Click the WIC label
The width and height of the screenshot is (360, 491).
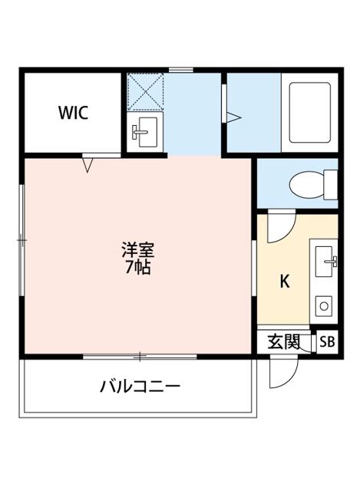[x=74, y=114]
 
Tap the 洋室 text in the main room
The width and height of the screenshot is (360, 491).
[x=137, y=250]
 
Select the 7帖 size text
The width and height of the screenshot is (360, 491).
[x=137, y=268]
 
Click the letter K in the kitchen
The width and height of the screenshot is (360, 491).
[x=284, y=282]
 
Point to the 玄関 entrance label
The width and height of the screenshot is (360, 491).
[x=283, y=341]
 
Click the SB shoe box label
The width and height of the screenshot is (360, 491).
[x=327, y=341]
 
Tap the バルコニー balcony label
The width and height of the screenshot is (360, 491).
[x=140, y=385]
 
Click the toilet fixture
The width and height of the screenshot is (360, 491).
[x=312, y=184]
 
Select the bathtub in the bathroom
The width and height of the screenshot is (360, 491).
[x=309, y=112]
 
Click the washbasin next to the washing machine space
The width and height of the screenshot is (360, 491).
[x=144, y=133]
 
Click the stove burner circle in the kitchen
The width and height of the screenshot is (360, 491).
[x=323, y=306]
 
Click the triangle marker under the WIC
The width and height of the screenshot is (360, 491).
[x=88, y=163]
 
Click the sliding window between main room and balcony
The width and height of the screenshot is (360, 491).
[x=140, y=356]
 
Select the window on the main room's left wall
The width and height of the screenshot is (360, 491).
[x=22, y=240]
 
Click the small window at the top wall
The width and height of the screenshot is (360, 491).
[x=180, y=70]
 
